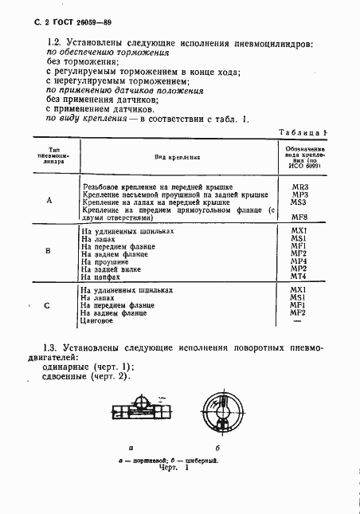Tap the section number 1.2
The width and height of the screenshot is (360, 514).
(x=57, y=42)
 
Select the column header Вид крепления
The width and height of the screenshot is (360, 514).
(x=177, y=158)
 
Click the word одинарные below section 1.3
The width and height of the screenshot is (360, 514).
(x=64, y=367)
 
